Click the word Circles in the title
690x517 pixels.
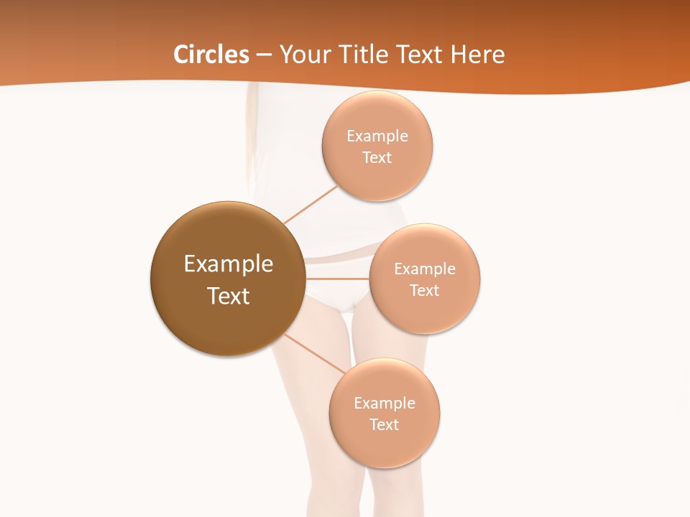pyautogui.click(x=211, y=55)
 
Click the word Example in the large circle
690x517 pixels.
pyautogui.click(x=229, y=264)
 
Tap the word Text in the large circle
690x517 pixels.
pyautogui.click(x=229, y=296)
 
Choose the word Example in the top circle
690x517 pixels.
pyautogui.click(x=377, y=136)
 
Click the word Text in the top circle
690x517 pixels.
pyautogui.click(x=377, y=157)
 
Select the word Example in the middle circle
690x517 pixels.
pyautogui.click(x=425, y=269)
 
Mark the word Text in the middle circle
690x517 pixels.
pyautogui.click(x=425, y=290)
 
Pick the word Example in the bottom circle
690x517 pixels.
pyautogui.click(x=385, y=403)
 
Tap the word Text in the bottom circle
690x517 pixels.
pyautogui.click(x=385, y=424)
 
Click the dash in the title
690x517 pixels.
pyautogui.click(x=264, y=55)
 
